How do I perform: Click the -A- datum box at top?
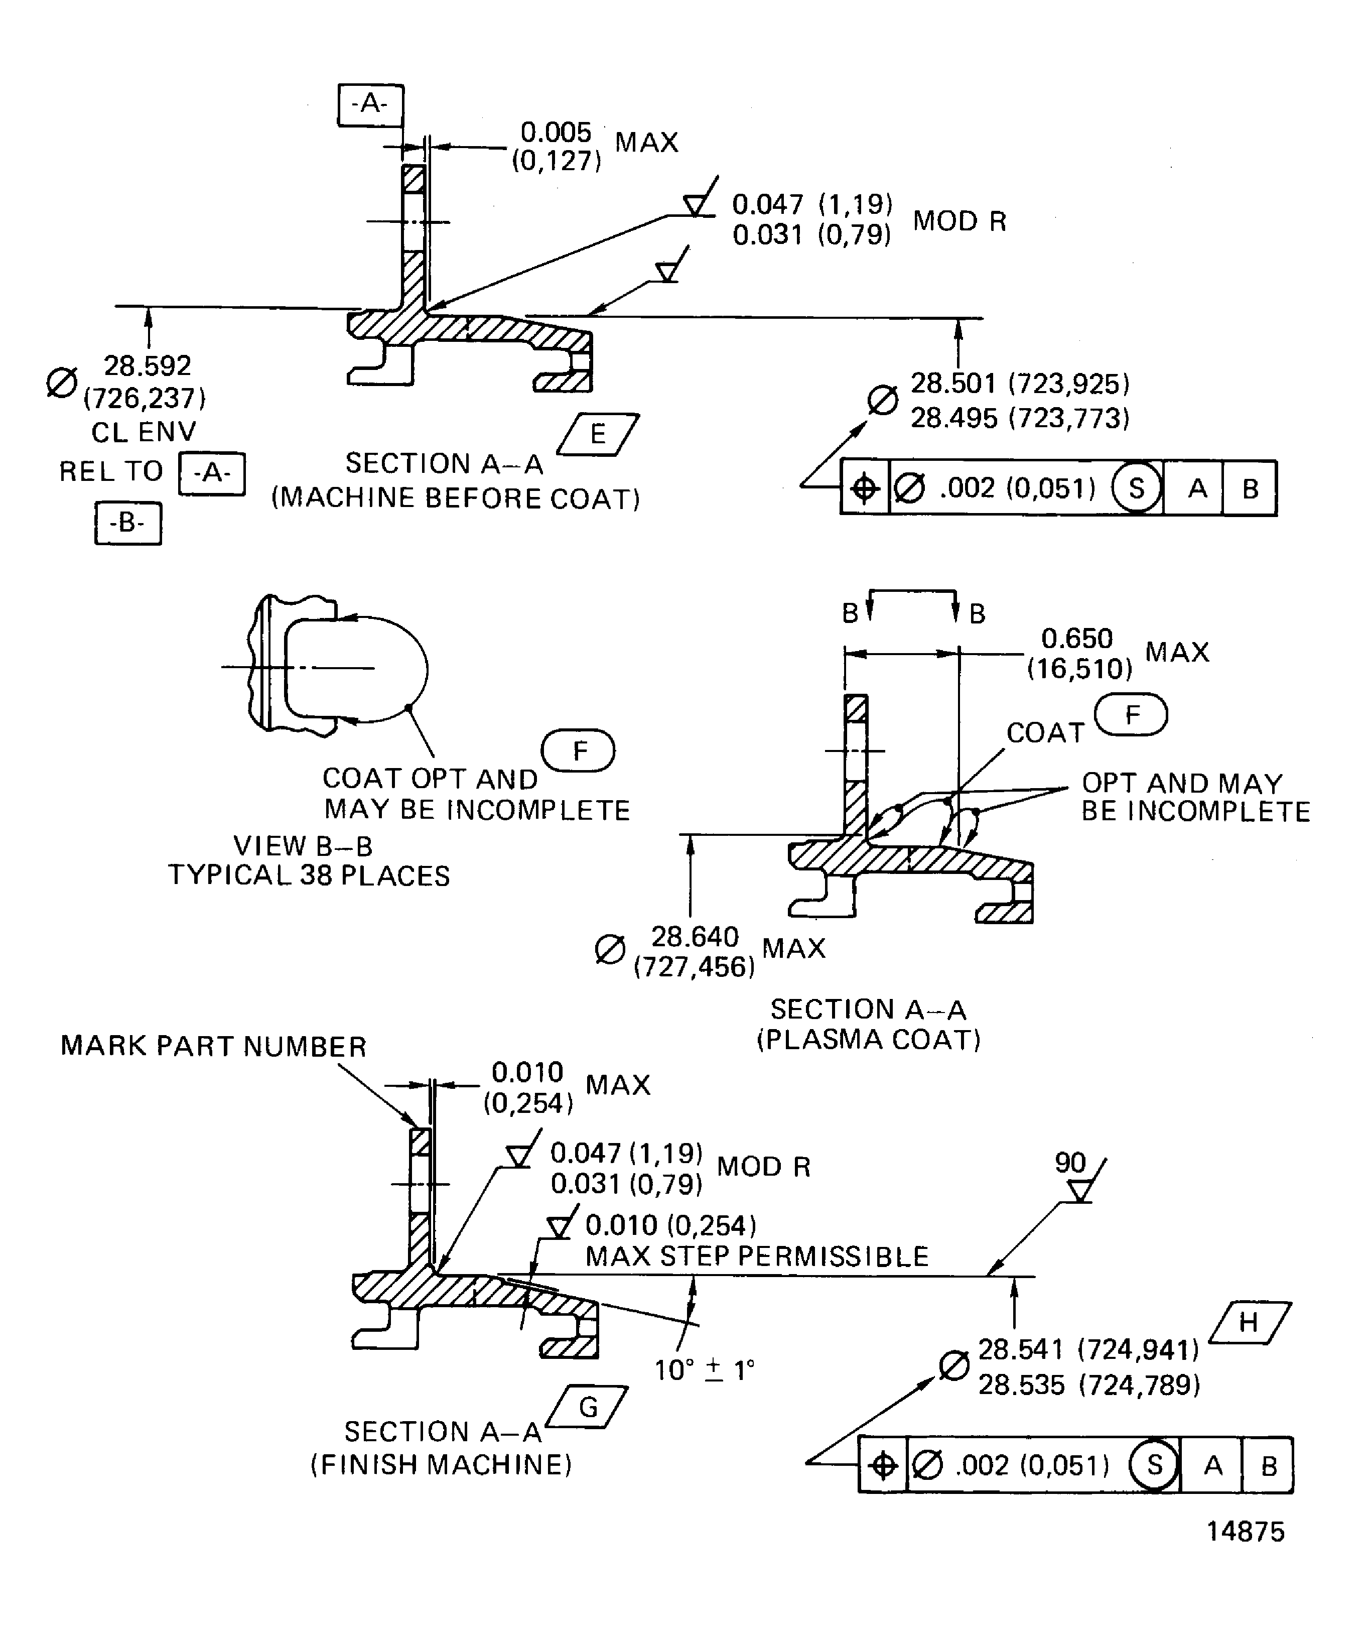370,104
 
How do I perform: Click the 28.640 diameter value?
695,936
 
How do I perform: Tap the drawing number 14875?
1245,1532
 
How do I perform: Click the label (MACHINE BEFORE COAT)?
455,498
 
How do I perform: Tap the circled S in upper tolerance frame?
1136,488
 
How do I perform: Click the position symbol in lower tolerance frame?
883,1466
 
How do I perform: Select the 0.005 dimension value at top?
556,132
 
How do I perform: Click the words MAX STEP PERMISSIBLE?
756,1256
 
